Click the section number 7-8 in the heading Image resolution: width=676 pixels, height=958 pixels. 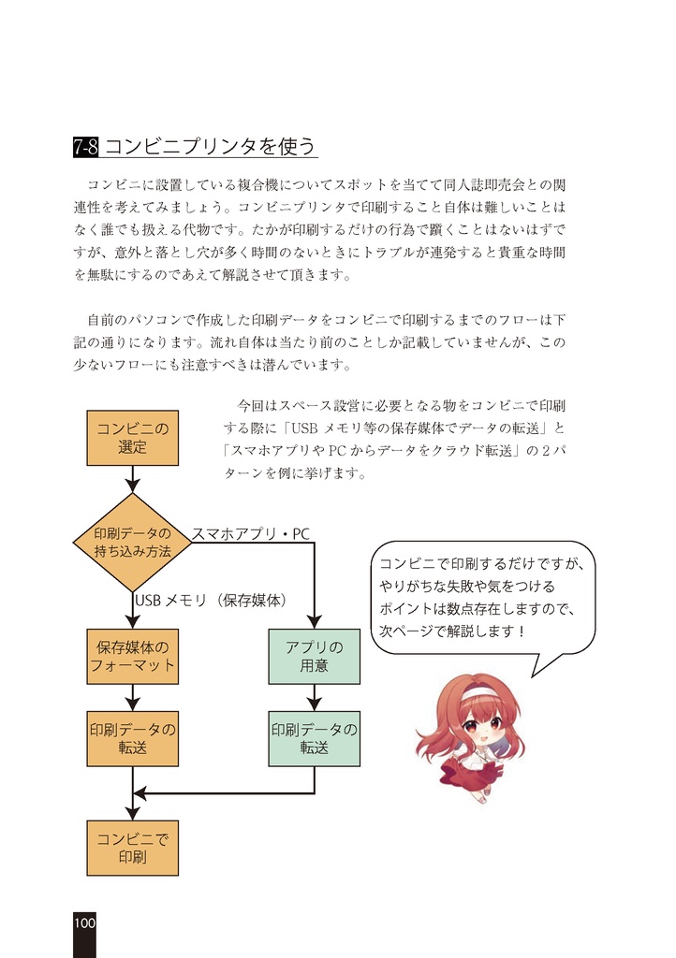[86, 147]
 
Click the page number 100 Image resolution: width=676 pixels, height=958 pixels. [84, 922]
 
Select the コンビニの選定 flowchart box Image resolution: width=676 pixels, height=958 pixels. [132, 438]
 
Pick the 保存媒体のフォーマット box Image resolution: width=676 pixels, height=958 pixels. [132, 656]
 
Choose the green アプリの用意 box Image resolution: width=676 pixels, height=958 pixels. [314, 656]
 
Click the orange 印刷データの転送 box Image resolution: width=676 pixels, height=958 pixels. [132, 738]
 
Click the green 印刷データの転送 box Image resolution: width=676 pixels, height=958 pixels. [314, 738]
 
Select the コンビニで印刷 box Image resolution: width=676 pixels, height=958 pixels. [132, 848]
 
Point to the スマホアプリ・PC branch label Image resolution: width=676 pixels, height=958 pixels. [250, 534]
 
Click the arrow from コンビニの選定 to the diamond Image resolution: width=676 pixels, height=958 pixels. [132, 479]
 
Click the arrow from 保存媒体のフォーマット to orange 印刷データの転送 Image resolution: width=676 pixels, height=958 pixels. [132, 697]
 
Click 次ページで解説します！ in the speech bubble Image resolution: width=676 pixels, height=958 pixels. [453, 631]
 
